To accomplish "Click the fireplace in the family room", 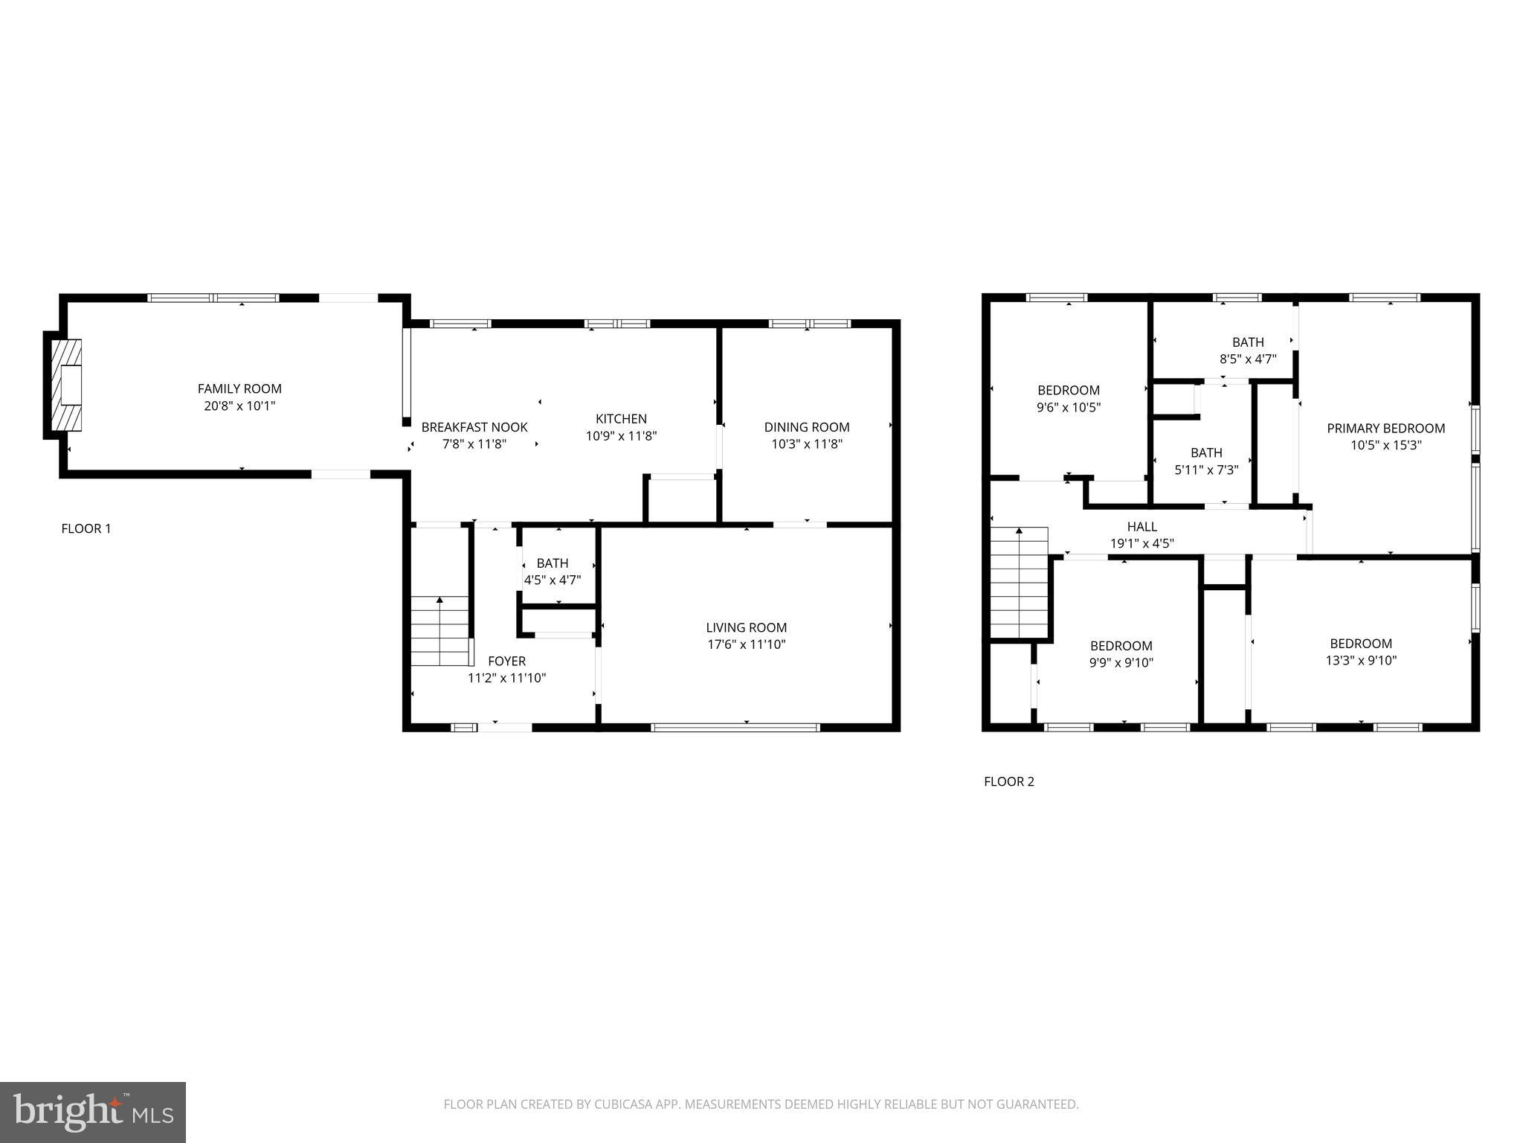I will [x=64, y=385].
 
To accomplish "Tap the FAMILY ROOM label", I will [x=239, y=388].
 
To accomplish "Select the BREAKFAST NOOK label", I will [x=474, y=427].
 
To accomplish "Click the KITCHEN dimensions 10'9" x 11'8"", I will [x=621, y=436].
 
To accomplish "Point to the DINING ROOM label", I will [x=806, y=427].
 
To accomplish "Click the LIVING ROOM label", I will [x=746, y=627].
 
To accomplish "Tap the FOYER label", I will [x=506, y=661].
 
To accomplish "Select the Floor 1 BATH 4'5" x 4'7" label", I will [x=552, y=571].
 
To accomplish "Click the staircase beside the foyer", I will [x=441, y=631].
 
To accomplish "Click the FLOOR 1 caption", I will [x=86, y=529].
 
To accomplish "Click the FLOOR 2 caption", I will [x=1008, y=781].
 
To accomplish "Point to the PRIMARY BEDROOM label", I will [x=1385, y=428].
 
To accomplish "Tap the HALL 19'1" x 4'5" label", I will [x=1142, y=535].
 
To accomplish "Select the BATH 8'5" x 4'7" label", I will [x=1247, y=350].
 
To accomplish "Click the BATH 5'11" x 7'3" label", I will [x=1205, y=461].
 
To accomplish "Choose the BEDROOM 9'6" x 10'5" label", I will [x=1068, y=398].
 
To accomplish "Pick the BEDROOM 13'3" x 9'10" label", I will [x=1360, y=651].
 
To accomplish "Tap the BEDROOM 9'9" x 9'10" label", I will [x=1121, y=654].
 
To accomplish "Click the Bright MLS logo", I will [x=93, y=1112].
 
